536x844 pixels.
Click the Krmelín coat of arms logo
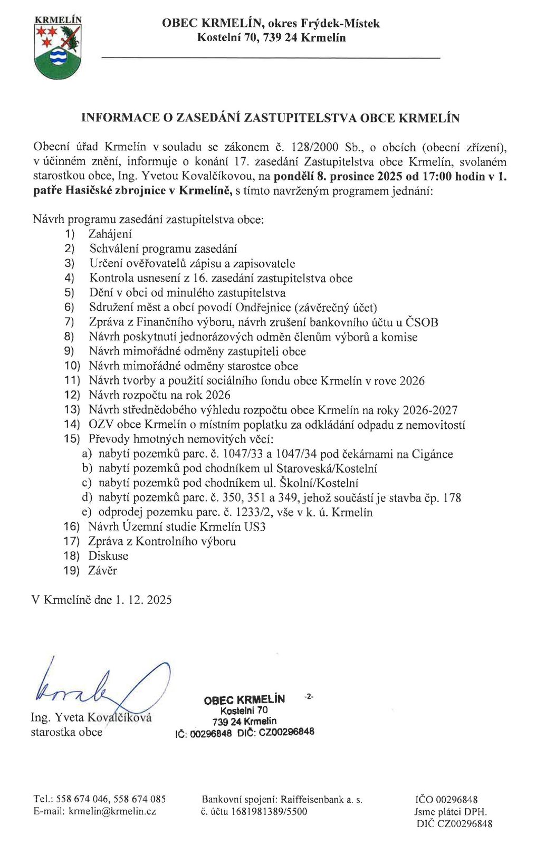point(58,49)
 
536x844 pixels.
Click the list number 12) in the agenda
point(72,395)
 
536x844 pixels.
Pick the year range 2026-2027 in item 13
point(430,410)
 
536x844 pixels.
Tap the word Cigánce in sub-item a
point(432,454)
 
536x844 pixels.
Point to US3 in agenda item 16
point(255,526)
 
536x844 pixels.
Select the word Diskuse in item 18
point(108,556)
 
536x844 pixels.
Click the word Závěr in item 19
point(103,571)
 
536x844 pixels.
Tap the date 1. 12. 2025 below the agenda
point(143,600)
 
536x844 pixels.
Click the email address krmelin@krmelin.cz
point(112,812)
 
